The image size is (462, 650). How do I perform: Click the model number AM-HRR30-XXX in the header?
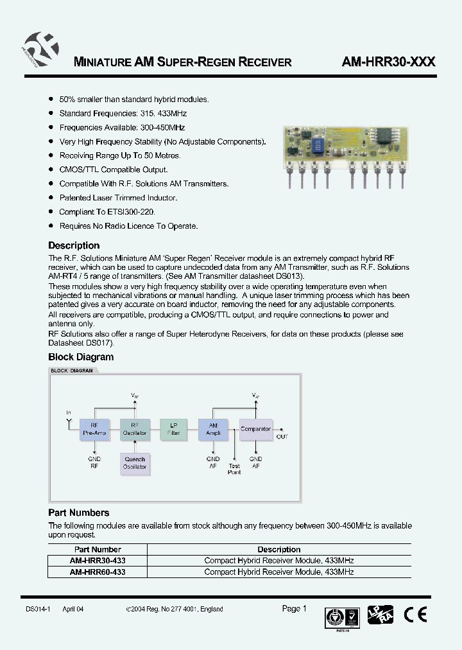389,62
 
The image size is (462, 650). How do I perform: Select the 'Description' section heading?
74,245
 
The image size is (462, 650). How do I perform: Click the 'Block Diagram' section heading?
81,357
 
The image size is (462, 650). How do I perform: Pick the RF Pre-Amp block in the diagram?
94,428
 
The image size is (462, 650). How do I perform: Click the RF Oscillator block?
135,428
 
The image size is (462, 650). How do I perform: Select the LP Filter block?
174,428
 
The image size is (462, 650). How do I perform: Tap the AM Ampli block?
214,428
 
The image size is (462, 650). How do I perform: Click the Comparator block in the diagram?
255,428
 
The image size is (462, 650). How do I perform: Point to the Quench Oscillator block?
135,463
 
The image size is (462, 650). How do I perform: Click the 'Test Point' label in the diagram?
234,469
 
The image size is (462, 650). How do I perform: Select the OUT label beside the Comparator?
282,436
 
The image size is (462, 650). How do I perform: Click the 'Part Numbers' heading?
79,513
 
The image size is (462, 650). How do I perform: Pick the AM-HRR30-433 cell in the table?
98,561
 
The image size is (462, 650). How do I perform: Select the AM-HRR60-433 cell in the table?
98,572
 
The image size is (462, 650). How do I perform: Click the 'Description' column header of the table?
278,550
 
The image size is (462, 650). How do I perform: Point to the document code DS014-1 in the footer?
38,609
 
